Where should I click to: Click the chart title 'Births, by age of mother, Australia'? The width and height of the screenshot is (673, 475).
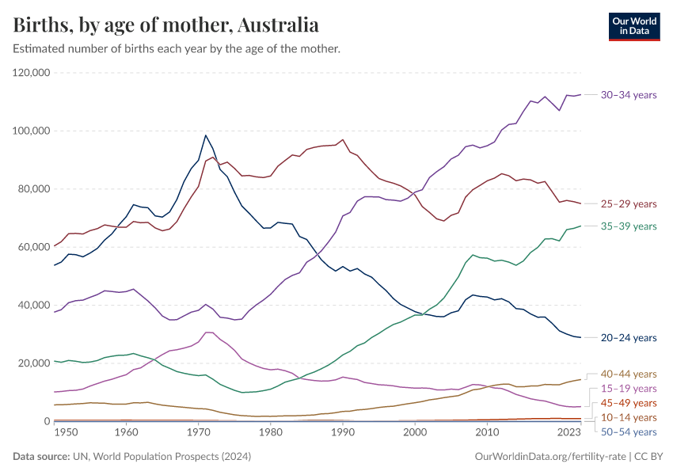[166, 25]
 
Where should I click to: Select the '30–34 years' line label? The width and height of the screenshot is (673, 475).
[629, 95]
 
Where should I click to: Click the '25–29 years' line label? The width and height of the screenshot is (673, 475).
[629, 203]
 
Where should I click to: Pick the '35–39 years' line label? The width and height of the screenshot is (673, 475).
[629, 226]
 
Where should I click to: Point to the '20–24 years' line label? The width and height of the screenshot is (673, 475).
[629, 338]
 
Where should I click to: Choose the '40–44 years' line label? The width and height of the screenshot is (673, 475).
[629, 374]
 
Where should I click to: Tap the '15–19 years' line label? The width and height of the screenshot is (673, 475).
[629, 389]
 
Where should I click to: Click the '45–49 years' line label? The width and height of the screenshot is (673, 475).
[629, 403]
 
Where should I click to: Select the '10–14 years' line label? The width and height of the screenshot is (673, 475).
[629, 417]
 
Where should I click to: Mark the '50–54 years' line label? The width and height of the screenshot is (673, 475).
[629, 432]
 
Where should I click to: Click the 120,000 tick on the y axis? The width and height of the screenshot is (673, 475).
[32, 73]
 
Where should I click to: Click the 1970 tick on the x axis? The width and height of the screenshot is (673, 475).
[198, 433]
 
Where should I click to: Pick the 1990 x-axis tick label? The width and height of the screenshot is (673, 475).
[343, 433]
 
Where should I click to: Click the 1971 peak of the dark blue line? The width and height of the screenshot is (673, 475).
[206, 135]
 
